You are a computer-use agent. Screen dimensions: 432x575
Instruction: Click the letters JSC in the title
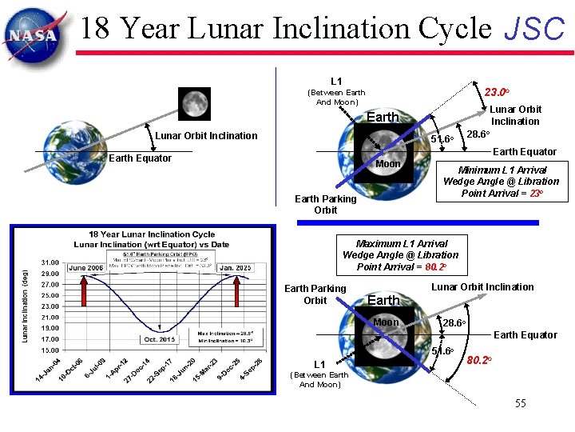point(534,30)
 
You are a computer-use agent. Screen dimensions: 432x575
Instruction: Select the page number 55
point(520,403)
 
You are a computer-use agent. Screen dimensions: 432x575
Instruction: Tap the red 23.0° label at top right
point(498,92)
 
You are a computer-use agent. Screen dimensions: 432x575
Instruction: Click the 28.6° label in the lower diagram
point(454,322)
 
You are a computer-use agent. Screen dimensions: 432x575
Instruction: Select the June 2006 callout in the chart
point(85,268)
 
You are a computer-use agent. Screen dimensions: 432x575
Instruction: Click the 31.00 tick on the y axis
point(50,262)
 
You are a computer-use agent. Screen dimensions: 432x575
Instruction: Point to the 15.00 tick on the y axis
point(50,350)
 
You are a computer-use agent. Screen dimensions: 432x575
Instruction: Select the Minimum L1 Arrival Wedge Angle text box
point(501,182)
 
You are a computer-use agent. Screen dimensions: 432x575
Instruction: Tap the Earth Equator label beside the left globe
point(140,158)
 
